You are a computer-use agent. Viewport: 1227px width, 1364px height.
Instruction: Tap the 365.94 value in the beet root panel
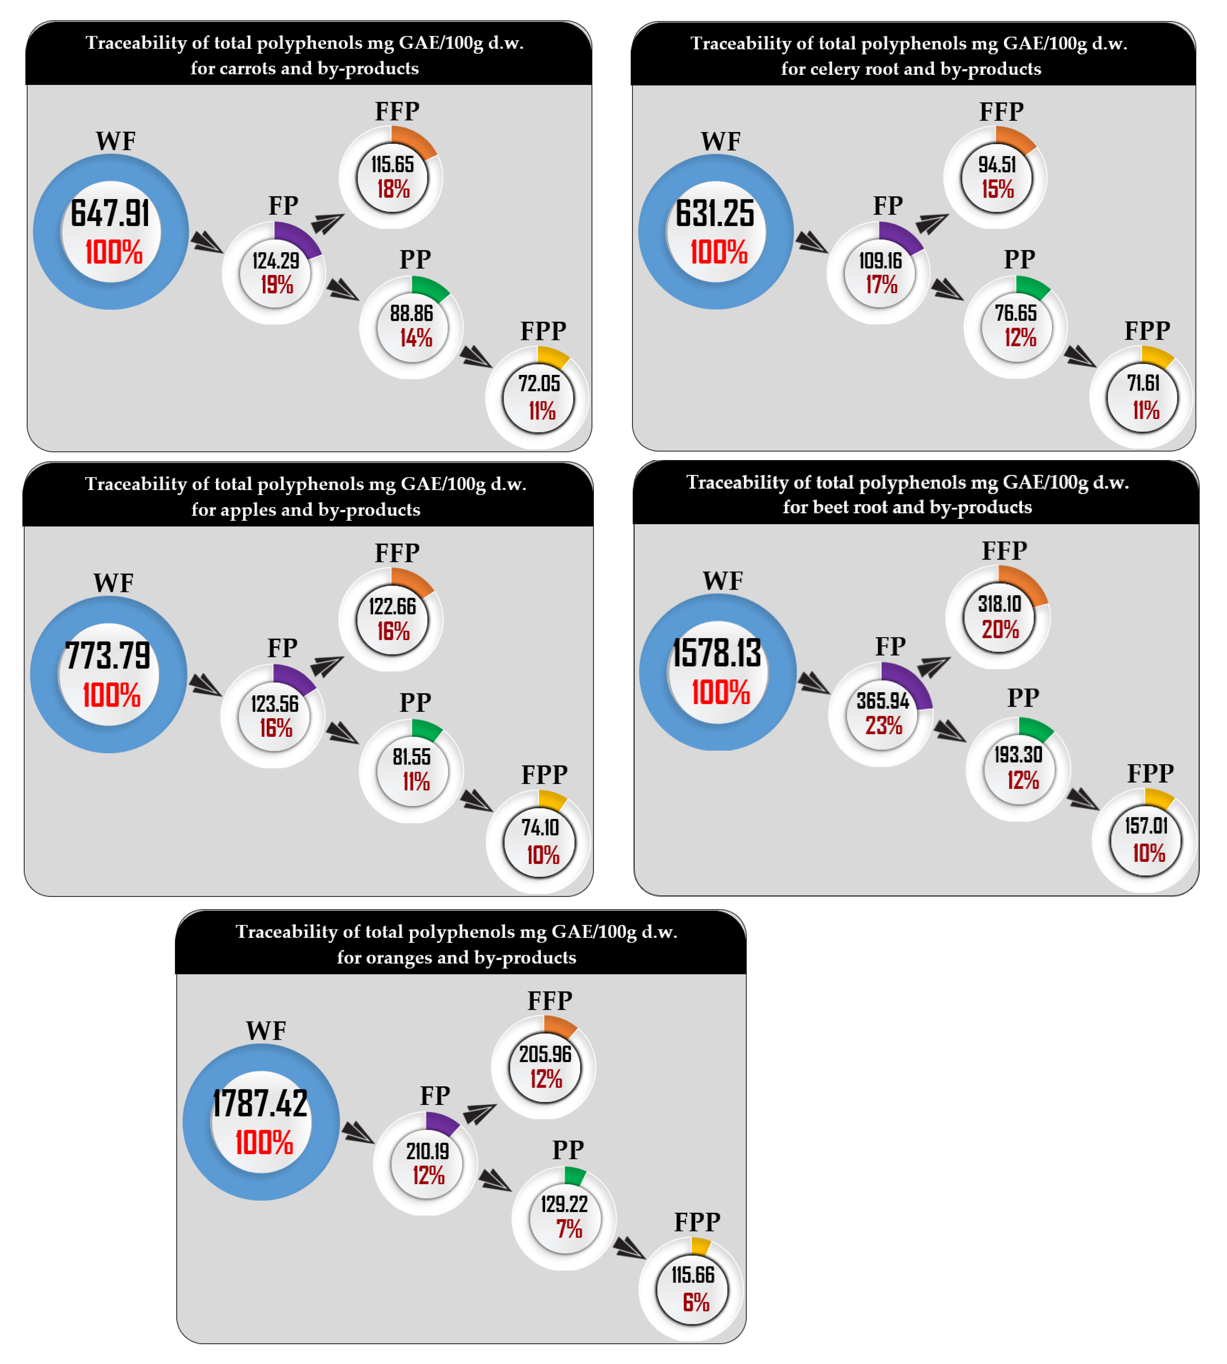tap(883, 701)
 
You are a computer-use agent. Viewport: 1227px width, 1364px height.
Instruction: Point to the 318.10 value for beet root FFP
tap(1000, 604)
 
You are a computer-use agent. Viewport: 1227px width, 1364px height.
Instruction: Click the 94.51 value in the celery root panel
tap(997, 164)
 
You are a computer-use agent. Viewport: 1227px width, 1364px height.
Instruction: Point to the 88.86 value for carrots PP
tap(411, 313)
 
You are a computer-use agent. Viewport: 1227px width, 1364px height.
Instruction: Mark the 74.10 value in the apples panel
tap(540, 827)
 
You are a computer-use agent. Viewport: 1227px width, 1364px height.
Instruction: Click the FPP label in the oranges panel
tap(697, 1222)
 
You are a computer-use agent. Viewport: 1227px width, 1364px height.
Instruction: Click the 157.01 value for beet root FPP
tap(1146, 825)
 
